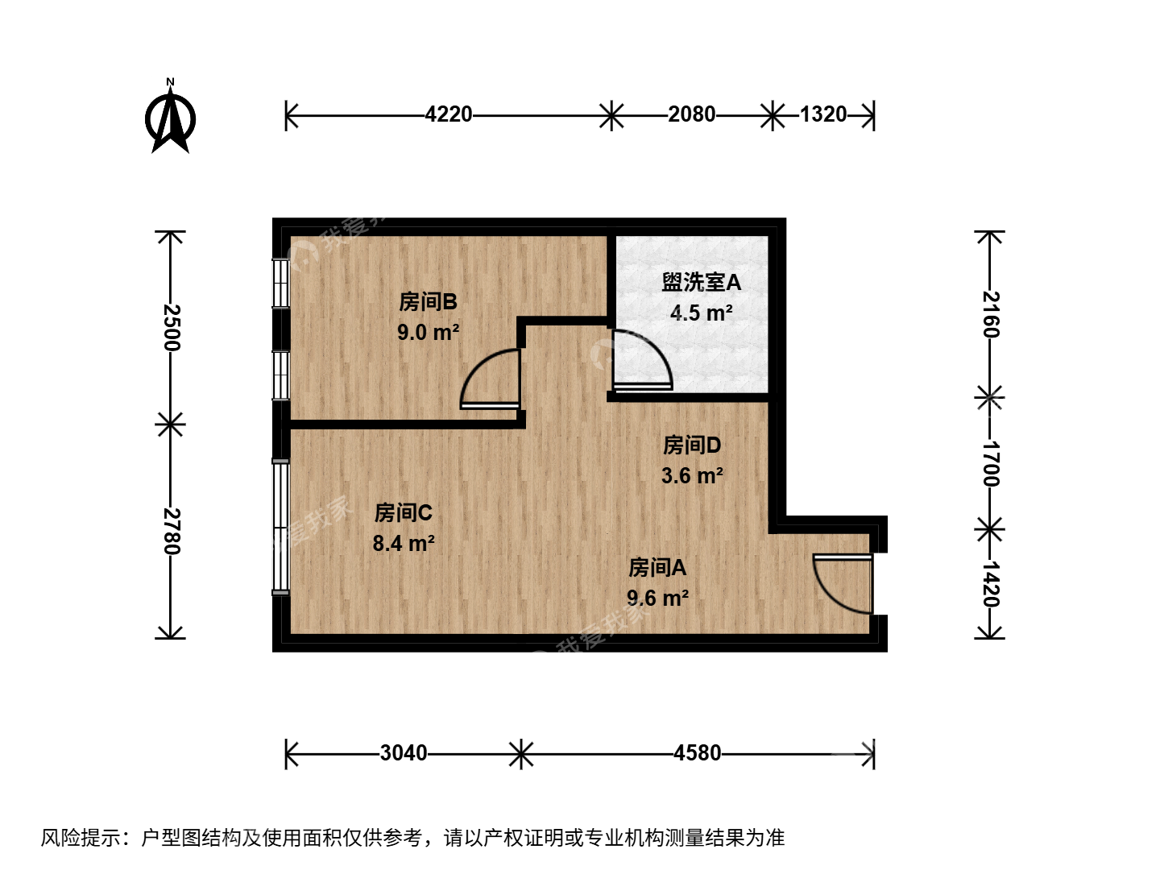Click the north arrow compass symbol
tap(170, 116)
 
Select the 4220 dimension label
tap(448, 114)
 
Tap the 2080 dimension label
tap(691, 114)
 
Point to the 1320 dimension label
tap(823, 114)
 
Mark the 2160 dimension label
tap(990, 314)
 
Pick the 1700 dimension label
tap(990, 463)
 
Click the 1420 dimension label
tap(990, 584)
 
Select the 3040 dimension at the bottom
tap(404, 752)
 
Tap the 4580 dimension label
tap(697, 752)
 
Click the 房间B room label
tap(428, 302)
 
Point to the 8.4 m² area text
tap(404, 543)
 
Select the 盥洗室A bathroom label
tap(702, 283)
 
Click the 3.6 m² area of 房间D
tap(692, 475)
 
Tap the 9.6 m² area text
tap(658, 598)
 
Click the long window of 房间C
tap(281, 528)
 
